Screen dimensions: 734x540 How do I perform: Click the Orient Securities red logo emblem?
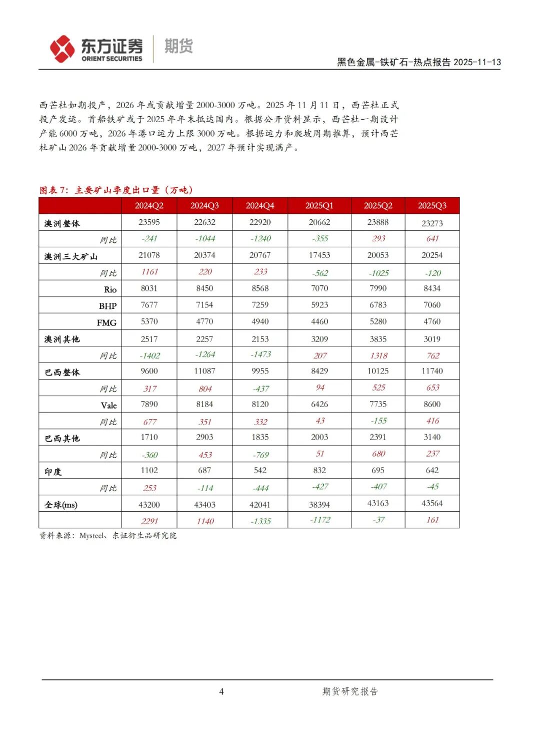(x=62, y=49)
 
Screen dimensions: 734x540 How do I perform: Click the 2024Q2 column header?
(x=149, y=206)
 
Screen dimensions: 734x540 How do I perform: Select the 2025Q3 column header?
(x=432, y=206)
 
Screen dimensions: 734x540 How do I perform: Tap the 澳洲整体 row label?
(x=62, y=223)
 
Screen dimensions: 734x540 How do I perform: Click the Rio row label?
(x=110, y=289)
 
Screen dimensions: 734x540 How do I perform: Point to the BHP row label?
(x=107, y=306)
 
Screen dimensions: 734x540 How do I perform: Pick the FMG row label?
(x=106, y=323)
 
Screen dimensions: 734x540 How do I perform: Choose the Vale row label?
(x=108, y=406)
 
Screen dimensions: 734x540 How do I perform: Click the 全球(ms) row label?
(x=61, y=505)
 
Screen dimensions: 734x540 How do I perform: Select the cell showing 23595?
(x=149, y=222)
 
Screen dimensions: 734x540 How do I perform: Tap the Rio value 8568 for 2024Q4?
(x=260, y=288)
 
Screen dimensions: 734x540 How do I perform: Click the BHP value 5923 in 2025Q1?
(x=319, y=305)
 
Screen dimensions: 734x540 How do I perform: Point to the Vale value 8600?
(x=432, y=404)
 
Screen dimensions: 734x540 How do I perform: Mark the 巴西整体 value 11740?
(x=432, y=371)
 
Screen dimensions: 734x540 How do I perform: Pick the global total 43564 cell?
(x=432, y=503)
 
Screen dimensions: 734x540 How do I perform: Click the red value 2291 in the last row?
(x=149, y=521)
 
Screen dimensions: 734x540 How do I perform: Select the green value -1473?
(x=260, y=354)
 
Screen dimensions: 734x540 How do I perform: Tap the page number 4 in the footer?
(x=221, y=691)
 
